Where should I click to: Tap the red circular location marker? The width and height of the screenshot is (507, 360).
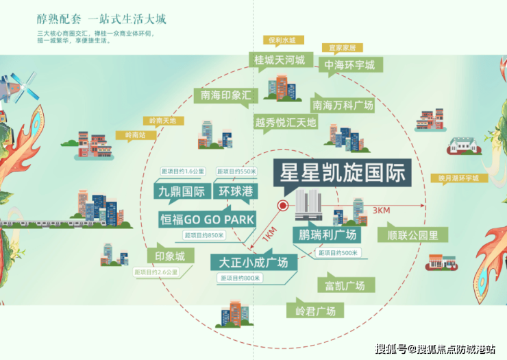[x=282, y=206]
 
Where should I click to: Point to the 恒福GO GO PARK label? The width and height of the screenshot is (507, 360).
[x=206, y=220]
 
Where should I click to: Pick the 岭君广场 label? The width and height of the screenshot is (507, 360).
[x=315, y=311]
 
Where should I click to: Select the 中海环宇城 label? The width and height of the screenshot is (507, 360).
[x=349, y=66]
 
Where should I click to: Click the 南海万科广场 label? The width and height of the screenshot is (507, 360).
[x=343, y=106]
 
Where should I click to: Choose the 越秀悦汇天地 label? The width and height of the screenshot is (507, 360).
[x=286, y=123]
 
